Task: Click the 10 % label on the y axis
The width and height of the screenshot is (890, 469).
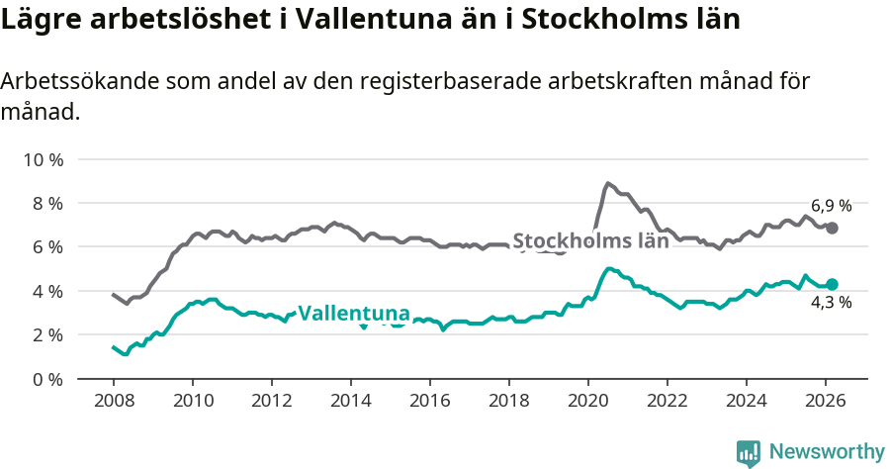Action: (x=43, y=159)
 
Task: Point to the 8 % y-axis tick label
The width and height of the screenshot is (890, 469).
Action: (x=46, y=203)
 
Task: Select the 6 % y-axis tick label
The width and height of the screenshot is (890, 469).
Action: (x=46, y=246)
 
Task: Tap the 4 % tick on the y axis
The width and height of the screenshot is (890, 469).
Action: (x=46, y=291)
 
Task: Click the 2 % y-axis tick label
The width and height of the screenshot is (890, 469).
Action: (x=46, y=334)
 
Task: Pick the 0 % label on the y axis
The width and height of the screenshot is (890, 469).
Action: (x=46, y=379)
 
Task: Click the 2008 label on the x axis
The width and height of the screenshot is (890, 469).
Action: (x=113, y=401)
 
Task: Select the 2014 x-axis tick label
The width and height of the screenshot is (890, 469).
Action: (x=350, y=401)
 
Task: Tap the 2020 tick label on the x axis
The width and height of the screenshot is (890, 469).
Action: (x=588, y=401)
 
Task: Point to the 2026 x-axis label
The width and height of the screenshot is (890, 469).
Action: (x=826, y=401)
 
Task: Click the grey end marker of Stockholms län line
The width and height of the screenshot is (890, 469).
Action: (x=833, y=228)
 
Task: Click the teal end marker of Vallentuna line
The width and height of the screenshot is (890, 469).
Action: (x=833, y=284)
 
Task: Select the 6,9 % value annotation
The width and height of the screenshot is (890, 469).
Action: (x=831, y=206)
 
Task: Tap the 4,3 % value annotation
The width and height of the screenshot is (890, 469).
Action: (x=831, y=303)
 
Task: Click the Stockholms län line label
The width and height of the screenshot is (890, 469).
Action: (x=590, y=240)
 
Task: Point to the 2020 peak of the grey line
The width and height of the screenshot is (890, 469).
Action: (x=608, y=183)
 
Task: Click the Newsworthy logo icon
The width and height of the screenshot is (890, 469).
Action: (x=749, y=452)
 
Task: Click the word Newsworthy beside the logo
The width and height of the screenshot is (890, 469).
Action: (x=826, y=452)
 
